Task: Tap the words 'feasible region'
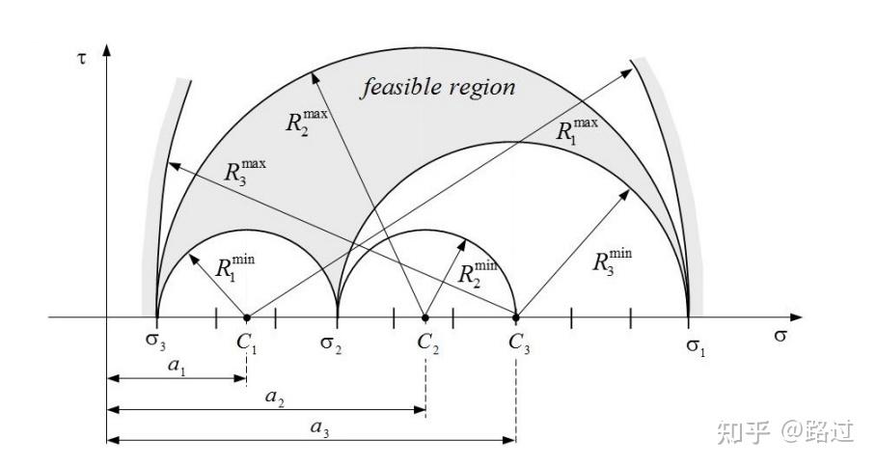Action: (438, 88)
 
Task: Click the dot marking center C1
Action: (247, 317)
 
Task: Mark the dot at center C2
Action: (425, 317)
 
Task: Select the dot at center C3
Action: (516, 317)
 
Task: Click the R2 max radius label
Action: (306, 121)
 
